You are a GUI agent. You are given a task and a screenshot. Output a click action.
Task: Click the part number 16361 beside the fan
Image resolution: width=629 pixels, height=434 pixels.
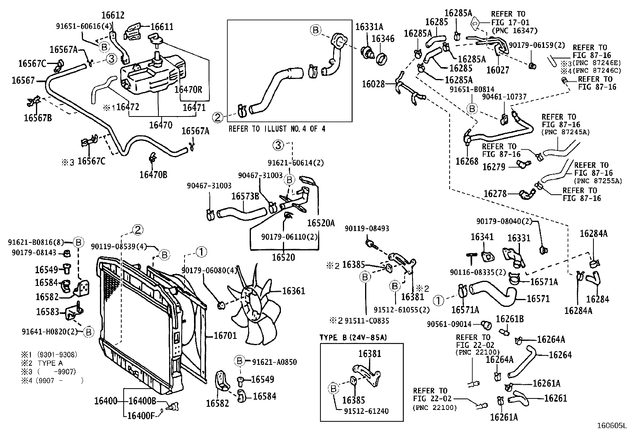(x=293, y=291)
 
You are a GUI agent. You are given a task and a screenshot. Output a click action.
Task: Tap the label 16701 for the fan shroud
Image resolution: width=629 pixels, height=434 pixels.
(x=225, y=336)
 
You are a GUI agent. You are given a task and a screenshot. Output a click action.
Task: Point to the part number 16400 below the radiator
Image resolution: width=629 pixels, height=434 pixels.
(x=105, y=401)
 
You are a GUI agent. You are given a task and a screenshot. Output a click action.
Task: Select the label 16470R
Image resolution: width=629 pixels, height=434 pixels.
(x=188, y=90)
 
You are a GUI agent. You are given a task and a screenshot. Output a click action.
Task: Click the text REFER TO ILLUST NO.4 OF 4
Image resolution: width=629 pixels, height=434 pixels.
(x=277, y=129)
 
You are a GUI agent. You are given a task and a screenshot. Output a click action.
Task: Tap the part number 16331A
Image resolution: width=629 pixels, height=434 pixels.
(x=369, y=26)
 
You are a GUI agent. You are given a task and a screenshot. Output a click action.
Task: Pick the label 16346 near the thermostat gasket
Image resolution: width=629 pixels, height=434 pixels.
(x=383, y=38)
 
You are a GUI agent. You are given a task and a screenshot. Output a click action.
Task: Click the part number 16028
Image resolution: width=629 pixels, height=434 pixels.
(x=373, y=84)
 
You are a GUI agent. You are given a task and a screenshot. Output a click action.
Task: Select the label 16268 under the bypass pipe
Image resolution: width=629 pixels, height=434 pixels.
(x=467, y=161)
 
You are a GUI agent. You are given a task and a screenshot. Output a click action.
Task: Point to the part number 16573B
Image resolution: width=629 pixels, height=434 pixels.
(x=245, y=196)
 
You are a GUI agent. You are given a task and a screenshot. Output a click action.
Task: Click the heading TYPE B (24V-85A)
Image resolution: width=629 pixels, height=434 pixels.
(x=353, y=338)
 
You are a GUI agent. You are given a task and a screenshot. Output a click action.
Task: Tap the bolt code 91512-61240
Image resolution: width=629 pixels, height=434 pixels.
(x=365, y=411)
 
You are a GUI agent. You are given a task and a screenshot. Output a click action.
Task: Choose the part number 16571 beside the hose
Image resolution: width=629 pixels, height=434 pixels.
(x=538, y=299)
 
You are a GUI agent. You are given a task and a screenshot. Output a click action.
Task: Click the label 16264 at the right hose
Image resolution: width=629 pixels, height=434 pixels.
(x=560, y=355)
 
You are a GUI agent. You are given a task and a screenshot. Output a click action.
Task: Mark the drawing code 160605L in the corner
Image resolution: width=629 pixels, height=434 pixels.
(x=612, y=426)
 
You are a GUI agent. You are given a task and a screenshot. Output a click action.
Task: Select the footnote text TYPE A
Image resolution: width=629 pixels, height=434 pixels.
(x=50, y=363)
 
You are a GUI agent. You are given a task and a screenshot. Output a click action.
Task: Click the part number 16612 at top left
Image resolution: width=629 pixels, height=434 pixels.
(x=113, y=15)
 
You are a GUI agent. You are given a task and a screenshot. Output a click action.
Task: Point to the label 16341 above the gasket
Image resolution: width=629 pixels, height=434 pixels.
(x=482, y=237)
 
